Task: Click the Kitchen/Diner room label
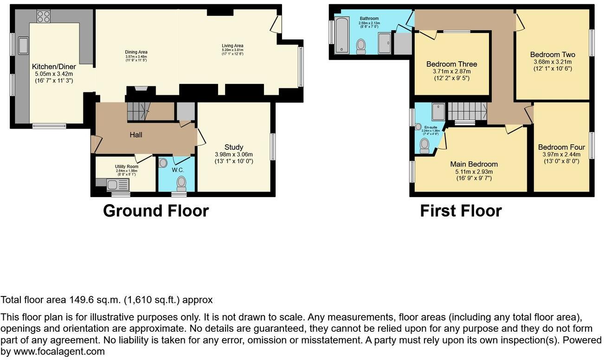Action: pyautogui.click(x=54, y=67)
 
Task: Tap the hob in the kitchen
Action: pyautogui.click(x=43, y=16)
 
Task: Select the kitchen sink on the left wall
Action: pyautogui.click(x=23, y=45)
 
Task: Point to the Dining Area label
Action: pyautogui.click(x=136, y=51)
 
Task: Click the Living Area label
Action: pyautogui.click(x=232, y=45)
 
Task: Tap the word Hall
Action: pyautogui.click(x=135, y=135)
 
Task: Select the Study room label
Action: pyautogui.click(x=234, y=148)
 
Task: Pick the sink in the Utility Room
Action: pyautogui.click(x=113, y=185)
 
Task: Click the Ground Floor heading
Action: pyautogui.click(x=155, y=211)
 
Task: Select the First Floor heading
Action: pyautogui.click(x=461, y=211)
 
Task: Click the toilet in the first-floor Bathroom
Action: pyautogui.click(x=360, y=46)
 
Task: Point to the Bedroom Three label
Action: pyautogui.click(x=451, y=64)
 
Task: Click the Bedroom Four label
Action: pyautogui.click(x=561, y=148)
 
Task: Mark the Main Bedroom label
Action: pyautogui.click(x=474, y=164)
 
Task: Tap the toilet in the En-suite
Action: pyautogui.click(x=424, y=146)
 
